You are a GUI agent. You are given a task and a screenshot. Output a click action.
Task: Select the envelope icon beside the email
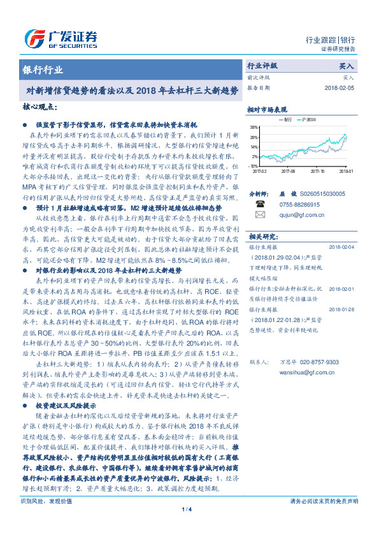pos(259,214)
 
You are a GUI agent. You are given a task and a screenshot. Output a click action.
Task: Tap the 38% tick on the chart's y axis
pos(255,128)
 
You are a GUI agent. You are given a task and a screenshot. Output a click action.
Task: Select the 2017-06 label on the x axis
pos(289,171)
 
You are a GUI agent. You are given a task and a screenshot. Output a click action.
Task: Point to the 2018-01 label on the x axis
pos(346,171)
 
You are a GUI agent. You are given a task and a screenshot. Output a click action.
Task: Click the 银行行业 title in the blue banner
pos(43,69)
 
